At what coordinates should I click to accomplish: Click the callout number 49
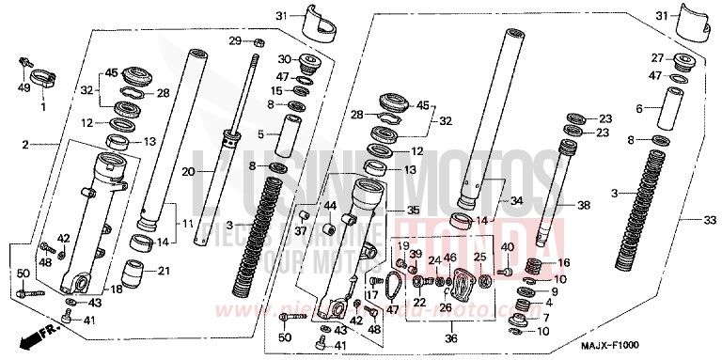tap(23, 89)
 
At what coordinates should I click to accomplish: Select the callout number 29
tap(236, 40)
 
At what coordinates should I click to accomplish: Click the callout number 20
tap(187, 171)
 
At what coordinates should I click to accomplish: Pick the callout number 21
tap(165, 272)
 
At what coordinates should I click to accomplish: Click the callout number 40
tap(509, 247)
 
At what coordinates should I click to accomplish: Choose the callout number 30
tap(285, 59)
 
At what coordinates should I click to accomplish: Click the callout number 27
tap(657, 57)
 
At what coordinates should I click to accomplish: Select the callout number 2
tap(25, 145)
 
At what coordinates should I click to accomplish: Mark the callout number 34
tap(515, 200)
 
